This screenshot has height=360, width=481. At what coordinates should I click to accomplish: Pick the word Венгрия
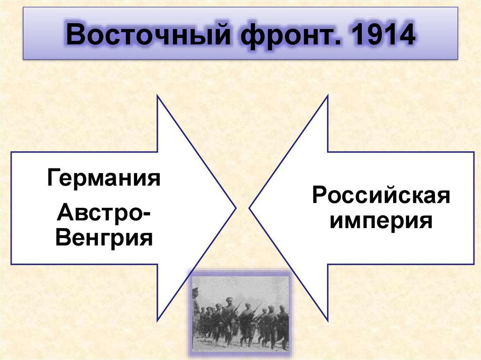coord(104,238)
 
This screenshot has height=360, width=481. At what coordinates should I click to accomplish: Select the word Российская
coord(381,195)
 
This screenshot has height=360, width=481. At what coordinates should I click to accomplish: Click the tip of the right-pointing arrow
coord(235,207)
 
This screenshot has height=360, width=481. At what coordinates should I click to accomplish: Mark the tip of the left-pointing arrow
coord(249,207)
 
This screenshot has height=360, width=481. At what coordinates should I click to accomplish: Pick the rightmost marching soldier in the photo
coord(283,324)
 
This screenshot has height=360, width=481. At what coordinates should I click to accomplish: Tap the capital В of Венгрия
coord(62,238)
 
